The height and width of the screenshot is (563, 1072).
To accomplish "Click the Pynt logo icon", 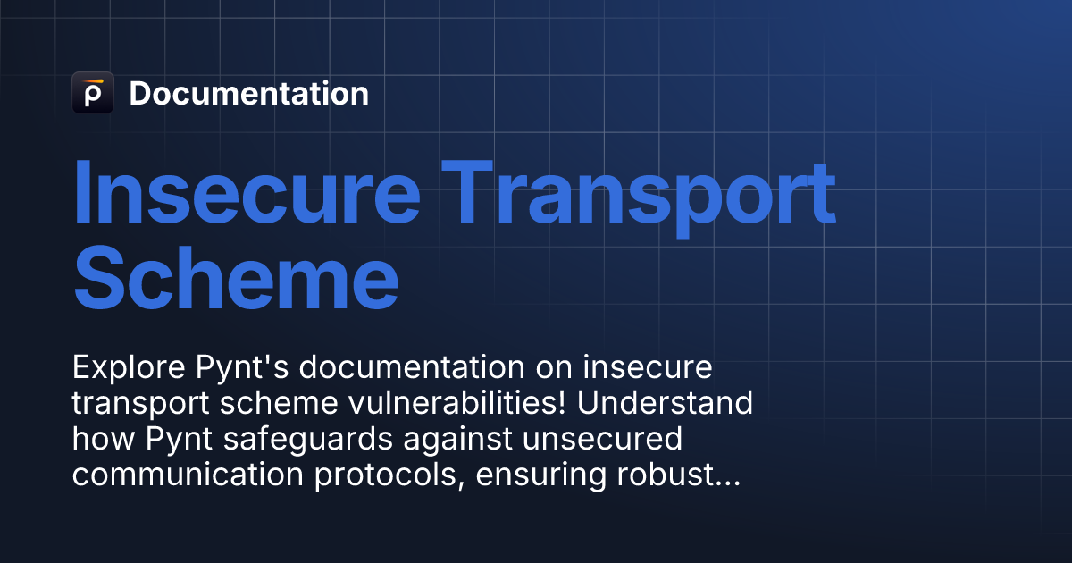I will pyautogui.click(x=92, y=93).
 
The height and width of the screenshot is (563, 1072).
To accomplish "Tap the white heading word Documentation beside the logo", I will pyautogui.click(x=248, y=94).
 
